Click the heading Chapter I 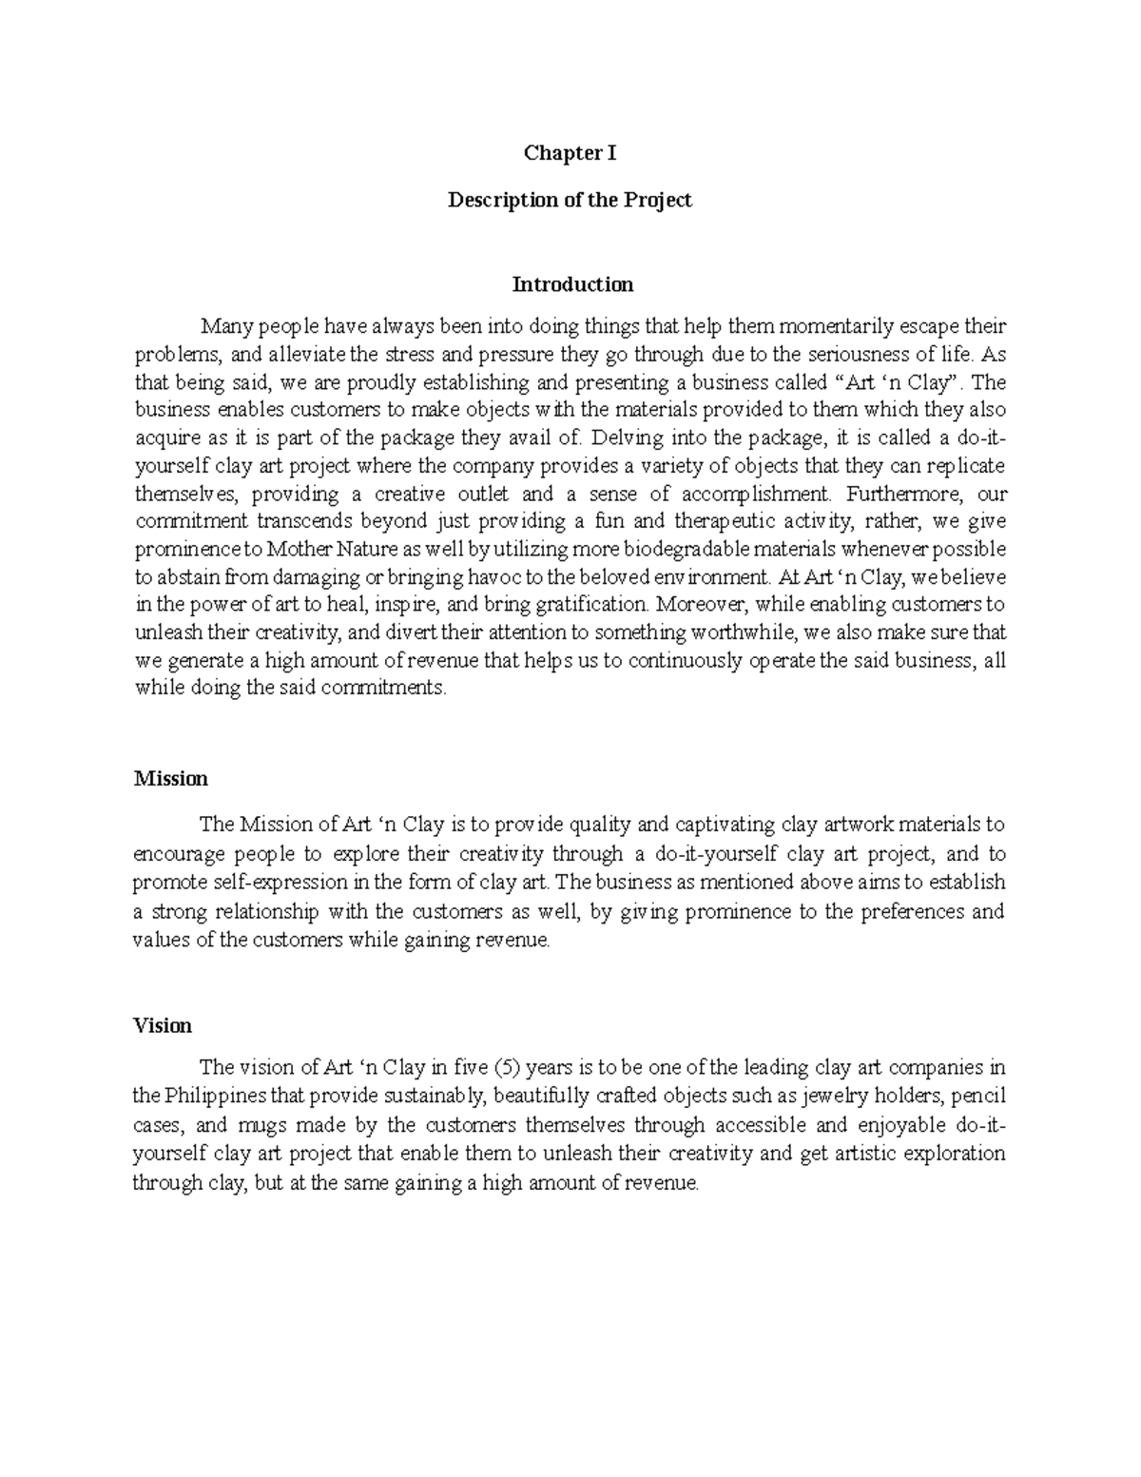coord(570,153)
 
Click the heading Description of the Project coord(570,201)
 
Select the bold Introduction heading coord(572,284)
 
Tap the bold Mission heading coord(170,779)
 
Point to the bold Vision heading coord(163,1026)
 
